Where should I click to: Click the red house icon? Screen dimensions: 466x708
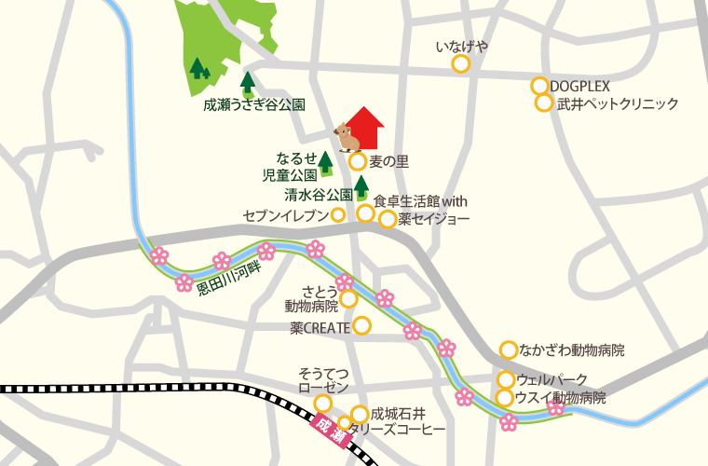[365, 128]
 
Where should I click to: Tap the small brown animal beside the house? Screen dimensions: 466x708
[347, 139]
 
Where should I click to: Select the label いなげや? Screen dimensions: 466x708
[461, 46]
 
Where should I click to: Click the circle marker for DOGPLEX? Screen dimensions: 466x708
[539, 86]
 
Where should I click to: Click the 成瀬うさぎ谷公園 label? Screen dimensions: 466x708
[254, 105]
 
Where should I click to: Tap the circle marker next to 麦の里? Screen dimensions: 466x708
[358, 161]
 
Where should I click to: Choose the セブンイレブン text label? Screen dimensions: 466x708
[286, 215]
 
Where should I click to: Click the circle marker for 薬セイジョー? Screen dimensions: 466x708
[388, 220]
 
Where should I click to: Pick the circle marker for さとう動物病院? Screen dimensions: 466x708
[348, 299]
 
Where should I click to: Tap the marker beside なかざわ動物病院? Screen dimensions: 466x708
[509, 350]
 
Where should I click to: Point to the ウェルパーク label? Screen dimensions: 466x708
[552, 379]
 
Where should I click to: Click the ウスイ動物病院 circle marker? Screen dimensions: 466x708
[505, 398]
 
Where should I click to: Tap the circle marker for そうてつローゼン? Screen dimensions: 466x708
[322, 403]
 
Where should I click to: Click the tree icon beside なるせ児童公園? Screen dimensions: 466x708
[326, 163]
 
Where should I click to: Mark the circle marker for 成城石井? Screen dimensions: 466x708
[359, 414]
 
